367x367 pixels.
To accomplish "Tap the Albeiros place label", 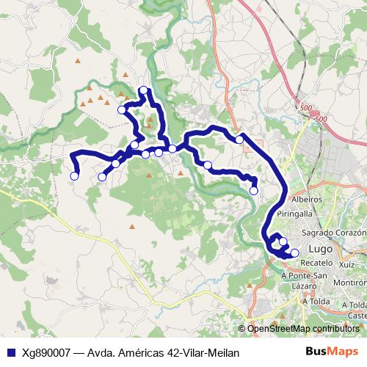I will (x=307, y=199).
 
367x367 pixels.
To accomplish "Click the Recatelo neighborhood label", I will (x=317, y=262).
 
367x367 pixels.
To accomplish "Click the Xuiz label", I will (x=348, y=263).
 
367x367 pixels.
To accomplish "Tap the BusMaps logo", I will (x=332, y=351).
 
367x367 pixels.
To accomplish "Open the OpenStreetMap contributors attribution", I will (x=303, y=329).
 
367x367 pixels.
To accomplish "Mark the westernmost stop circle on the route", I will (x=74, y=176).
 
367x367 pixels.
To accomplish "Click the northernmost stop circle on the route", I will (x=143, y=90).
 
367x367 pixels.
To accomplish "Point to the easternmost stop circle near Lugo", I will (x=295, y=253).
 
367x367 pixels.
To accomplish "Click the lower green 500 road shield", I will (x=319, y=118).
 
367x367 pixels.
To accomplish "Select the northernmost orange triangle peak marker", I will (x=126, y=74).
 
